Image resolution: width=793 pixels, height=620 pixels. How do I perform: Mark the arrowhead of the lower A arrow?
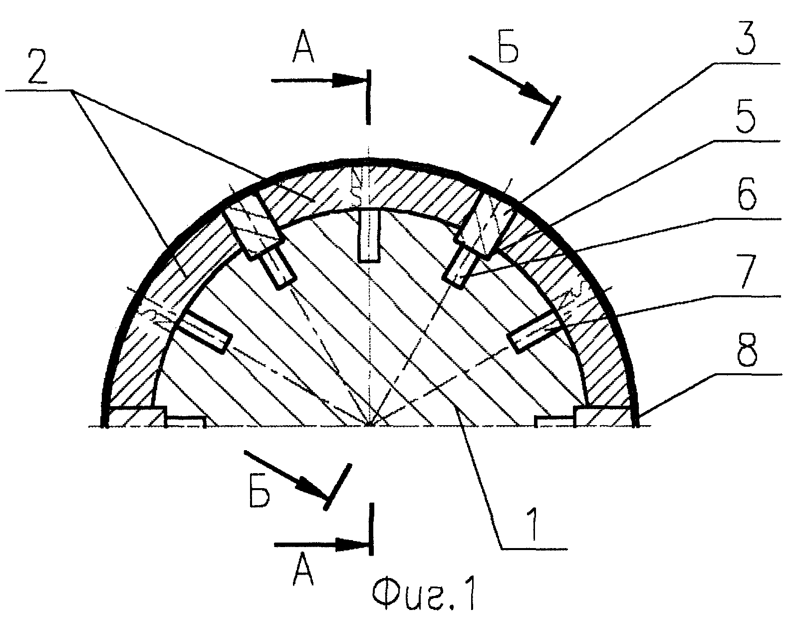click(351, 545)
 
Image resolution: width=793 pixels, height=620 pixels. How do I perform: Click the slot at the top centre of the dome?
click(369, 234)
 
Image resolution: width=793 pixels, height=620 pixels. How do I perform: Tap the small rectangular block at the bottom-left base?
click(185, 421)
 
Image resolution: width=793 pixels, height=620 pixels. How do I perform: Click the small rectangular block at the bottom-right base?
click(555, 421)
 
